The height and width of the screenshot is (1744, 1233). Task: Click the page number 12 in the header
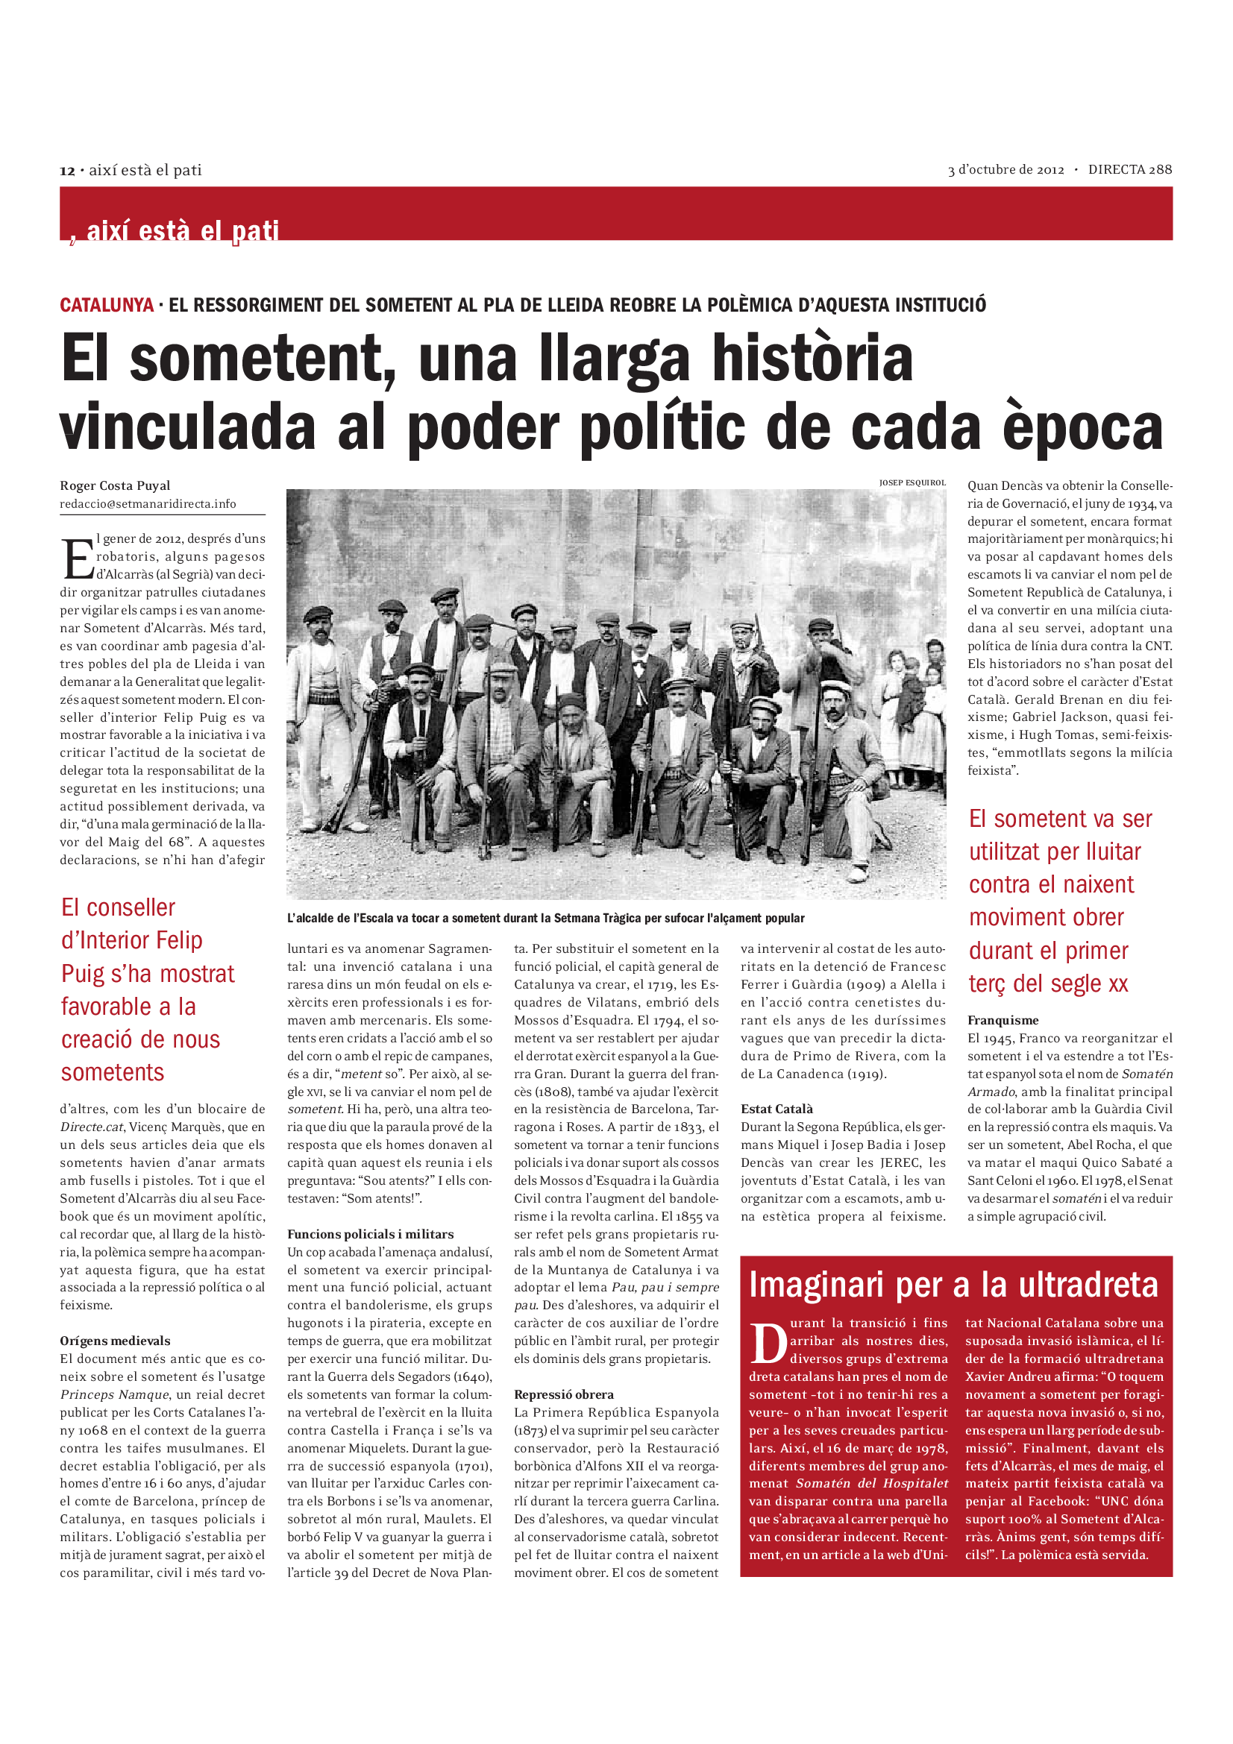67,171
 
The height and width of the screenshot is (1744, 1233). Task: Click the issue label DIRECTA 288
1129,169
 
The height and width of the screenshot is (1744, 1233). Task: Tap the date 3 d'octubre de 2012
1005,170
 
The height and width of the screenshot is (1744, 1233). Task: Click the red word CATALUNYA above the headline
107,306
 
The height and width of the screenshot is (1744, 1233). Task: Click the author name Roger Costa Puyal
115,485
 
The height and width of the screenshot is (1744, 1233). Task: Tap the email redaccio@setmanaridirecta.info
148,503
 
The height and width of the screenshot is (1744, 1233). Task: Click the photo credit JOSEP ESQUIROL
912,482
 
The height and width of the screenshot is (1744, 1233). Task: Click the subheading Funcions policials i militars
370,1234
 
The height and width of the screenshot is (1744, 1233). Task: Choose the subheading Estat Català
776,1109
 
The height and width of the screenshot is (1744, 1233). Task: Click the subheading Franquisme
1003,1020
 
